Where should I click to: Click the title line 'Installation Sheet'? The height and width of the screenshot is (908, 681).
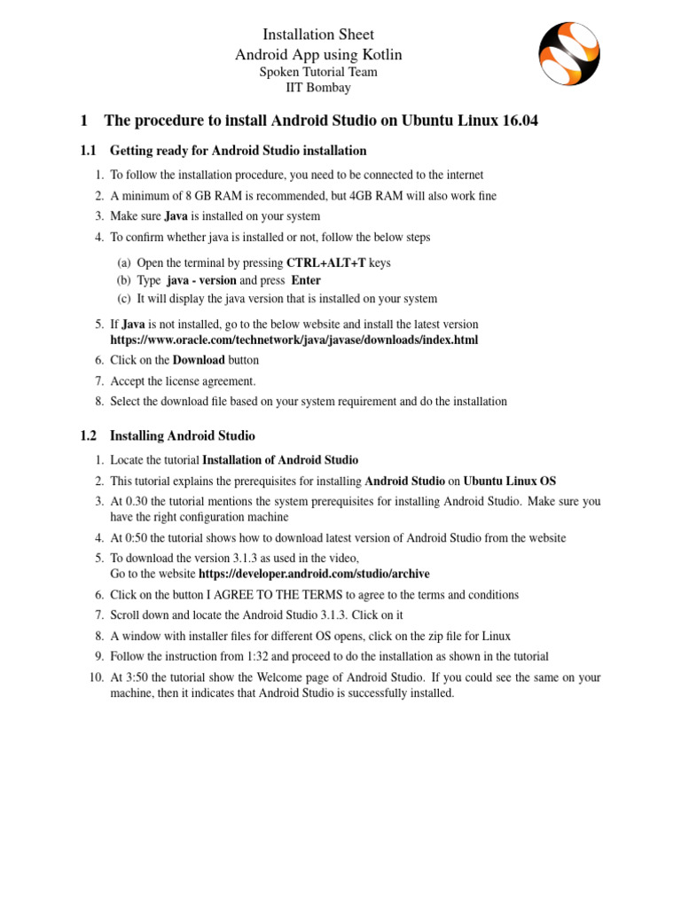tap(317, 35)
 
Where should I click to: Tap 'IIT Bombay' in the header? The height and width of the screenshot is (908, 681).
tap(317, 88)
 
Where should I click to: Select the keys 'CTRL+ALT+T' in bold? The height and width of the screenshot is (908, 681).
tap(326, 262)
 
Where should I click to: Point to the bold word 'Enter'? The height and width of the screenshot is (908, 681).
tap(306, 280)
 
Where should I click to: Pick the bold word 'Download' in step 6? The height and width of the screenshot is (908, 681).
tap(199, 360)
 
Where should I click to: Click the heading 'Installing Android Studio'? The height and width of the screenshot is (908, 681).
tap(182, 435)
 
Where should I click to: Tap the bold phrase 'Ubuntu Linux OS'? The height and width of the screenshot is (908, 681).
tap(510, 481)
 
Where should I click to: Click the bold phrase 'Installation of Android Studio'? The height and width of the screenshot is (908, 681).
tap(280, 459)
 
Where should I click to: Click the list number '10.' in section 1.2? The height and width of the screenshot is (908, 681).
tap(97, 677)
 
